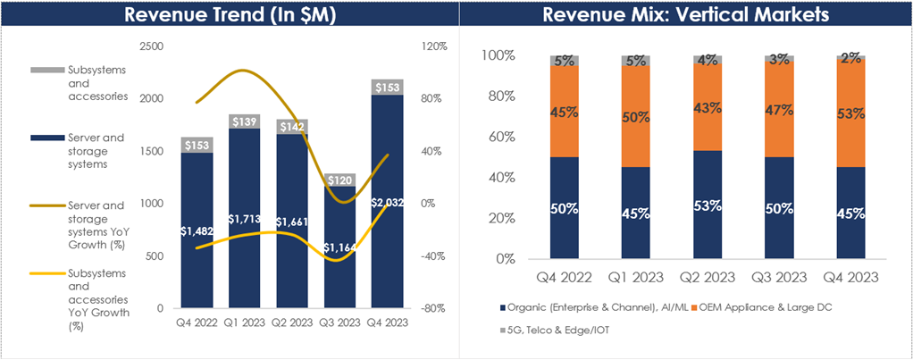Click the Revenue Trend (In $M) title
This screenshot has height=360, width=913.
tap(230, 15)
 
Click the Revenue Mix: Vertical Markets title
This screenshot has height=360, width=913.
tap(686, 15)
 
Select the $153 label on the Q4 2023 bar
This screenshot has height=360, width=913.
tap(386, 87)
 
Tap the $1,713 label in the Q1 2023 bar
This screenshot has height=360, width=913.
tap(243, 219)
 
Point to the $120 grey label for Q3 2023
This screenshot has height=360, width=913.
tap(339, 180)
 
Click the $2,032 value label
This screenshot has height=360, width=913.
tap(386, 203)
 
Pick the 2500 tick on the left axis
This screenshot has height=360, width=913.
tap(153, 46)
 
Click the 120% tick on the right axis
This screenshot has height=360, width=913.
tap(433, 46)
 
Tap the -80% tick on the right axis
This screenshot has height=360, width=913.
tap(433, 309)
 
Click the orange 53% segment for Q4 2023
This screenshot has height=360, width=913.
tap(850, 113)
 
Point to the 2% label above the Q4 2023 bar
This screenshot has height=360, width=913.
tap(850, 58)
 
